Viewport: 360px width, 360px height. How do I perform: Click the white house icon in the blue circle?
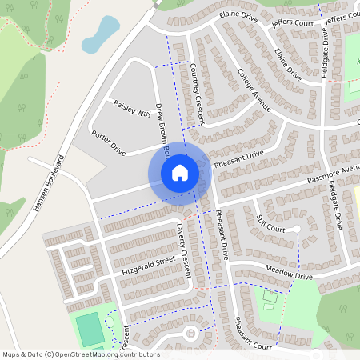point(180,172)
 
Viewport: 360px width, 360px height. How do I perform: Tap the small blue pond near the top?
point(101,33)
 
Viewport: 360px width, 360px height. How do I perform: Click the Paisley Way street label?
point(132,109)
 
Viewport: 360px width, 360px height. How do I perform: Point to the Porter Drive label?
point(109,142)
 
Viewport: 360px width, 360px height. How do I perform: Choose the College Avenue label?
point(254,88)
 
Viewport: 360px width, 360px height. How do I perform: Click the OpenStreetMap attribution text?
point(81,354)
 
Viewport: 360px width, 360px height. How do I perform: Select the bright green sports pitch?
point(90,326)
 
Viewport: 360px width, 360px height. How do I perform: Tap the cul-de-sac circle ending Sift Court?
point(295,230)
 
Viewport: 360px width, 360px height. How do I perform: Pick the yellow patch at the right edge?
point(356,196)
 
